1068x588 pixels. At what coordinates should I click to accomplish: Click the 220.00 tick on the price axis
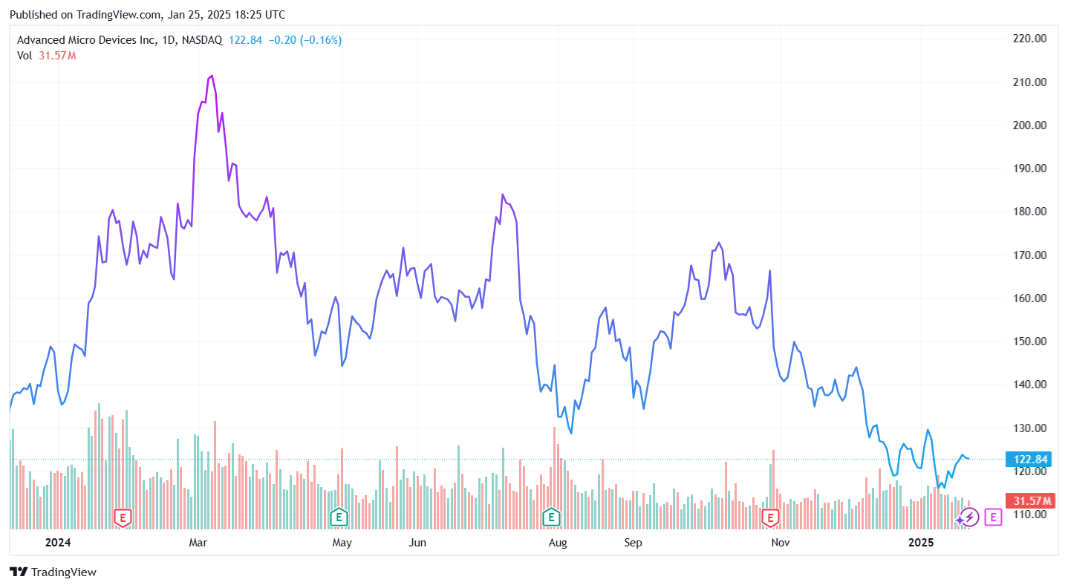click(x=1030, y=39)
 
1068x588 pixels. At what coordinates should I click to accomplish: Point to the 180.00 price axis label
click(x=1030, y=212)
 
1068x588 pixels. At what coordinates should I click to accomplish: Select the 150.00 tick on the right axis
click(x=1030, y=342)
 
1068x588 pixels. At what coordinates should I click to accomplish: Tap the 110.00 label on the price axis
click(x=1030, y=514)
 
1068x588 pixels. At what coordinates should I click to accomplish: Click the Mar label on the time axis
click(x=198, y=543)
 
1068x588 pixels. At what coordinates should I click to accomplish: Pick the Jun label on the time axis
click(x=417, y=543)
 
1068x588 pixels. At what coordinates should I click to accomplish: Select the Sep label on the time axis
click(x=633, y=543)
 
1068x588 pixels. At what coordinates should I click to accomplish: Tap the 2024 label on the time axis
click(x=57, y=543)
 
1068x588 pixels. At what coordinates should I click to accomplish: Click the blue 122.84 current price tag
click(x=1029, y=459)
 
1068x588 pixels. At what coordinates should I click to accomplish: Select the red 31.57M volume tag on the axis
click(x=1029, y=500)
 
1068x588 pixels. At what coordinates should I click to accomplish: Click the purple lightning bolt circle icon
click(x=969, y=517)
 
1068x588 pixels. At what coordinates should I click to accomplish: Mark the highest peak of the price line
click(x=212, y=76)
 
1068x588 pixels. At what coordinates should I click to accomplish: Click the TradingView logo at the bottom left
click(x=53, y=572)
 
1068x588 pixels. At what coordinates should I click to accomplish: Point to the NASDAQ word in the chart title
click(x=202, y=40)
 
